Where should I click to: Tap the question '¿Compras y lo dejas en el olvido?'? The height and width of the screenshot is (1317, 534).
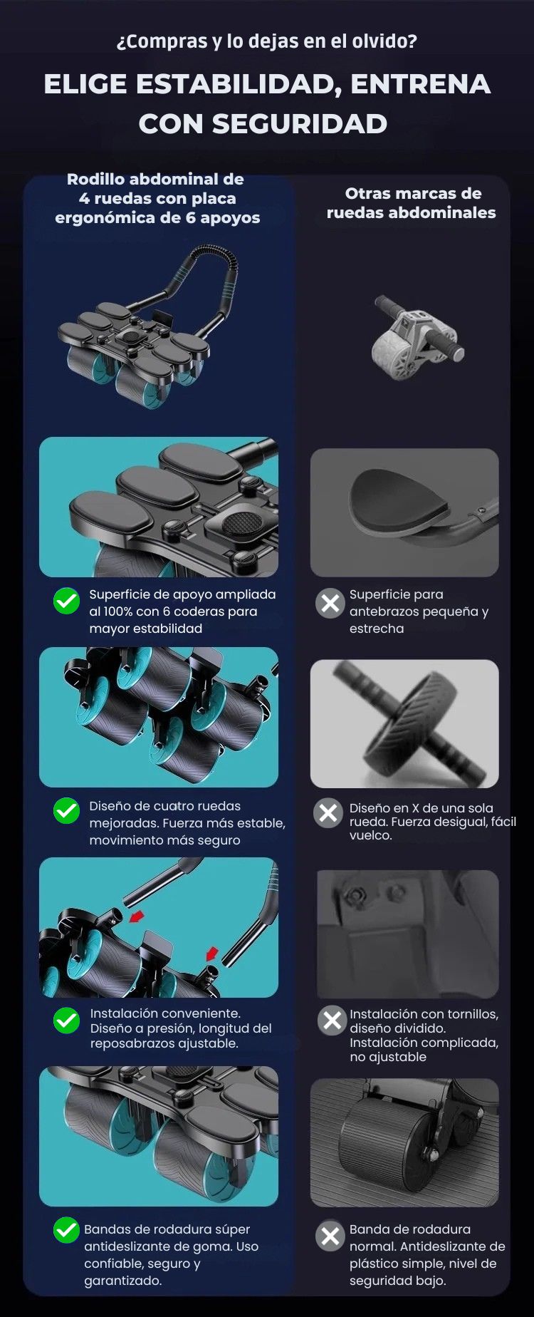pos(266,41)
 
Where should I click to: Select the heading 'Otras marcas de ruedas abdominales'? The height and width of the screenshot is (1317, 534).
pos(412,203)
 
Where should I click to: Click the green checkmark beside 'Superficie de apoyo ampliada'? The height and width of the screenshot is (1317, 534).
pos(67,601)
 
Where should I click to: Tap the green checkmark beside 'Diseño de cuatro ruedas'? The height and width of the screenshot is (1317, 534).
pos(67,810)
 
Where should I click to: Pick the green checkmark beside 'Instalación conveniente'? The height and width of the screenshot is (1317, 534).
pos(67,1021)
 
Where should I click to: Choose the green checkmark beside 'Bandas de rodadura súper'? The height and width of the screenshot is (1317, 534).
pos(67,1231)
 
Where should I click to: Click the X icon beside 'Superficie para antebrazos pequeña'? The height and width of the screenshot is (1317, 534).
pos(330,604)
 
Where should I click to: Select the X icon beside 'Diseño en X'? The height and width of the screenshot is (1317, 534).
pos(328,812)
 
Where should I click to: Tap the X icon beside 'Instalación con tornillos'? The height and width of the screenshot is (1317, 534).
pos(332,1021)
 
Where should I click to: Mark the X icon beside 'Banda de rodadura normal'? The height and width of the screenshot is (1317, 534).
pos(330,1236)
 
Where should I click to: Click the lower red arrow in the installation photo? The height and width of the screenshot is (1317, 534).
pos(211,954)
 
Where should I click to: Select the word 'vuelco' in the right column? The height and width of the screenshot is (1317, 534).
pos(370,835)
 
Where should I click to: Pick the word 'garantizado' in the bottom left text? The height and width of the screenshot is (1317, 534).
pos(122,1281)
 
